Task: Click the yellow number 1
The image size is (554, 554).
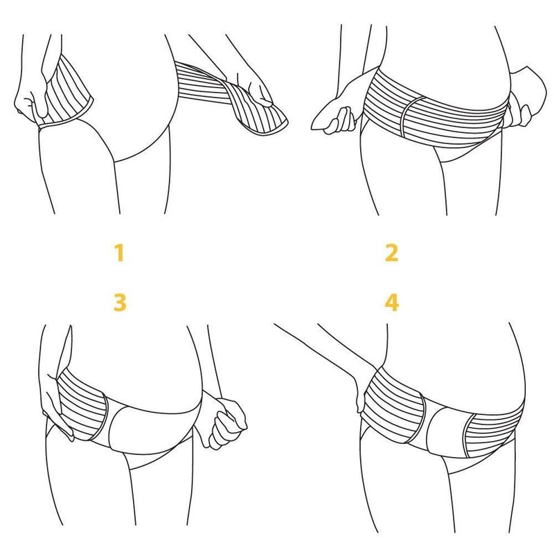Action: click(x=120, y=253)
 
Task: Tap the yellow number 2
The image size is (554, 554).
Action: click(x=391, y=253)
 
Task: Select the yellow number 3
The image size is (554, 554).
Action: click(x=120, y=303)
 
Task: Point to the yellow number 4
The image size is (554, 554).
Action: click(x=391, y=303)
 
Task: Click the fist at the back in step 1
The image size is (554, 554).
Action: click(x=30, y=102)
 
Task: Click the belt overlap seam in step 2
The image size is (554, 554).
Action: click(x=410, y=116)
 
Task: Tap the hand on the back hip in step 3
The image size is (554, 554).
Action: click(x=57, y=406)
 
